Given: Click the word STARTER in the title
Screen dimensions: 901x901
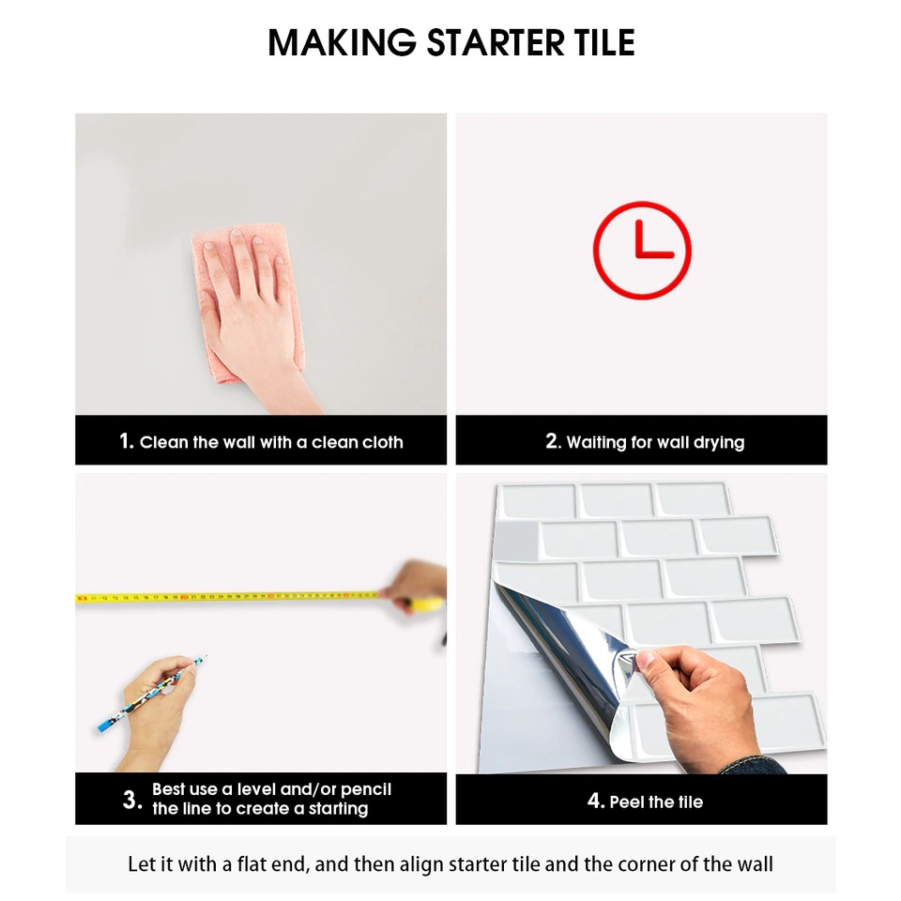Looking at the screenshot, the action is click(x=496, y=42).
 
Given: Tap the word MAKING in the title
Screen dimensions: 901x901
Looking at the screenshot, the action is click(x=342, y=42).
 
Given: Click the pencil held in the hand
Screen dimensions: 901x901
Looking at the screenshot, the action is click(x=152, y=693).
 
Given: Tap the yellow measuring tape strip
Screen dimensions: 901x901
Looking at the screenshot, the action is click(x=230, y=598).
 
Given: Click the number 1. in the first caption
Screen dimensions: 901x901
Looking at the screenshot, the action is click(x=127, y=441).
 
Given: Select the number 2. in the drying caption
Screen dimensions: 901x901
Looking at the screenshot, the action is click(x=553, y=441).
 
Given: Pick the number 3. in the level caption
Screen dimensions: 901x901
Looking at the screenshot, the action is click(x=132, y=800).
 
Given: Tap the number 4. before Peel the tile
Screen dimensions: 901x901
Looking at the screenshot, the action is click(x=596, y=801).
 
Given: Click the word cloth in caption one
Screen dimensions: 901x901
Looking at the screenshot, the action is click(x=382, y=442).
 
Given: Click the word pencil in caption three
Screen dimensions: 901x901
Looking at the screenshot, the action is click(x=365, y=789).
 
